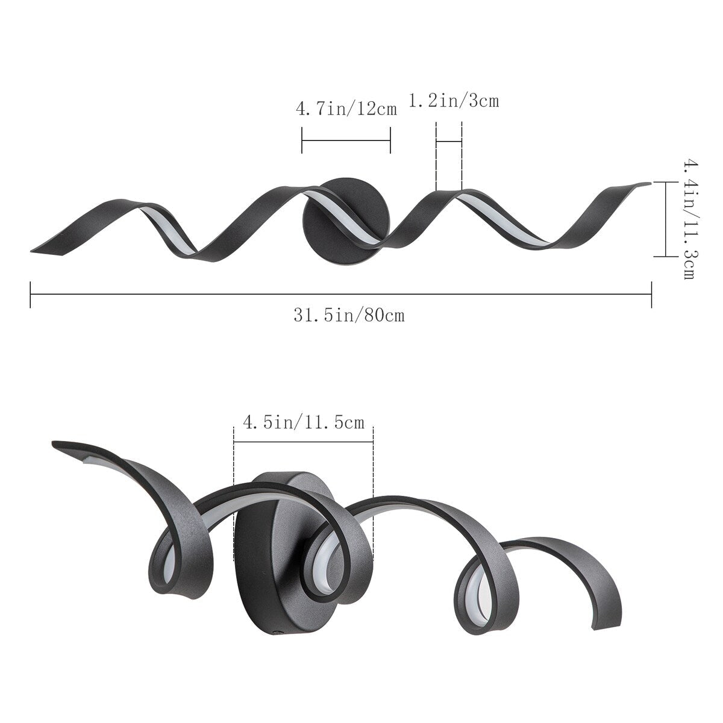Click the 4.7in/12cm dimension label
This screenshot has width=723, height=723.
(346, 109)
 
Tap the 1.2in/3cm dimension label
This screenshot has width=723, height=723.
(454, 101)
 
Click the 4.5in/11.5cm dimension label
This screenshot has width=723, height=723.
(303, 422)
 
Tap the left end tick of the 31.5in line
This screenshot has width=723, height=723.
(30, 293)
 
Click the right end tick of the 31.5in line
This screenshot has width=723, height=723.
(652, 293)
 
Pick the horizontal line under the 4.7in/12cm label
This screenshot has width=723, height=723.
(346, 140)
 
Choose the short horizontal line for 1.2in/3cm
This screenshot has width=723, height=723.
(448, 142)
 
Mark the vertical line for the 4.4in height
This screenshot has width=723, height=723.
(666, 219)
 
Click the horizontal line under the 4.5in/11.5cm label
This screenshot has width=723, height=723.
(303, 441)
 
